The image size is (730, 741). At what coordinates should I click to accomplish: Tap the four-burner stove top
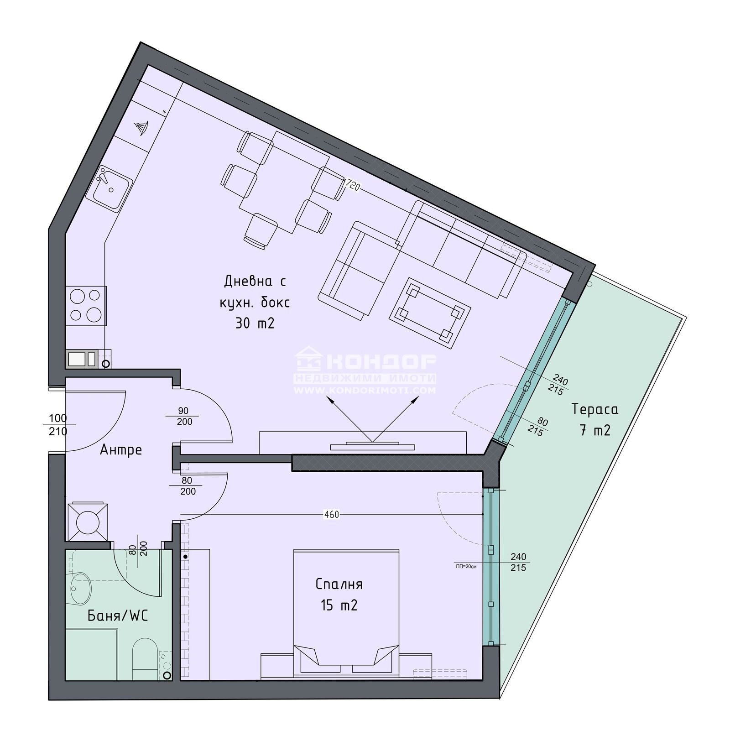[x=85, y=305]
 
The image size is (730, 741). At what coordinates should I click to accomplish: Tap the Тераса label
[x=595, y=409]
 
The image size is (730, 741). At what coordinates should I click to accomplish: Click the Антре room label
[x=121, y=450]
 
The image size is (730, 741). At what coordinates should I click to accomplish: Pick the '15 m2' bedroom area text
[x=339, y=605]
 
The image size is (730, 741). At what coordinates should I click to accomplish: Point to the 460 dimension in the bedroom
[x=331, y=514]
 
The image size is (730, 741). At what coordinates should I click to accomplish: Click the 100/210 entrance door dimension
[x=57, y=424]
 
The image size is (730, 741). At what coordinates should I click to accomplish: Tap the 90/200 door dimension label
[x=184, y=416]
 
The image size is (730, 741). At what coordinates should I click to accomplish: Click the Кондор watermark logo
[x=365, y=369]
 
